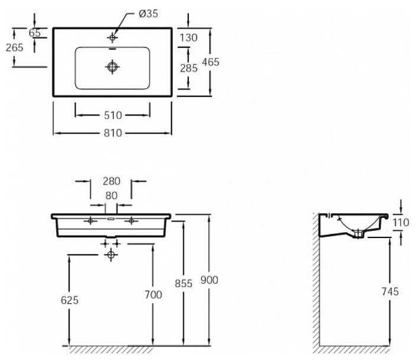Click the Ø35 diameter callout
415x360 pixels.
tap(148, 14)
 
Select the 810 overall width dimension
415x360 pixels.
tap(113, 133)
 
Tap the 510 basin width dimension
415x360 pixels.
tap(113, 115)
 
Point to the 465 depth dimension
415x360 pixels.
tap(211, 62)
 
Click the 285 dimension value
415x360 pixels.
tap(189, 68)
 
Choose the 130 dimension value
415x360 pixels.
tap(188, 38)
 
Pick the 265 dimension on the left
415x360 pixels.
tap(15, 47)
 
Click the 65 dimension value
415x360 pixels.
tap(35, 33)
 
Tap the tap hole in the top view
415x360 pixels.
tap(112, 37)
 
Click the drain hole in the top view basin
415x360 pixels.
tap(112, 66)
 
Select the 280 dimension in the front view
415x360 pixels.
tap(111, 181)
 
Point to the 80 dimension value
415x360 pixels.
tap(111, 195)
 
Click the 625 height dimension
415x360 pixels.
tap(70, 300)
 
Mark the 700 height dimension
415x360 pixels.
tap(153, 295)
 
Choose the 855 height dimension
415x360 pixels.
tap(184, 284)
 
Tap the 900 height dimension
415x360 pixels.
tap(209, 280)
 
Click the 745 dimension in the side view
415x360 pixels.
tap(390, 291)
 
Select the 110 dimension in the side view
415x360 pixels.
tap(401, 223)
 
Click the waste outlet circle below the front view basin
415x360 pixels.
tap(111, 255)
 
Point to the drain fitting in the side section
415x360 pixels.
tap(358, 233)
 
